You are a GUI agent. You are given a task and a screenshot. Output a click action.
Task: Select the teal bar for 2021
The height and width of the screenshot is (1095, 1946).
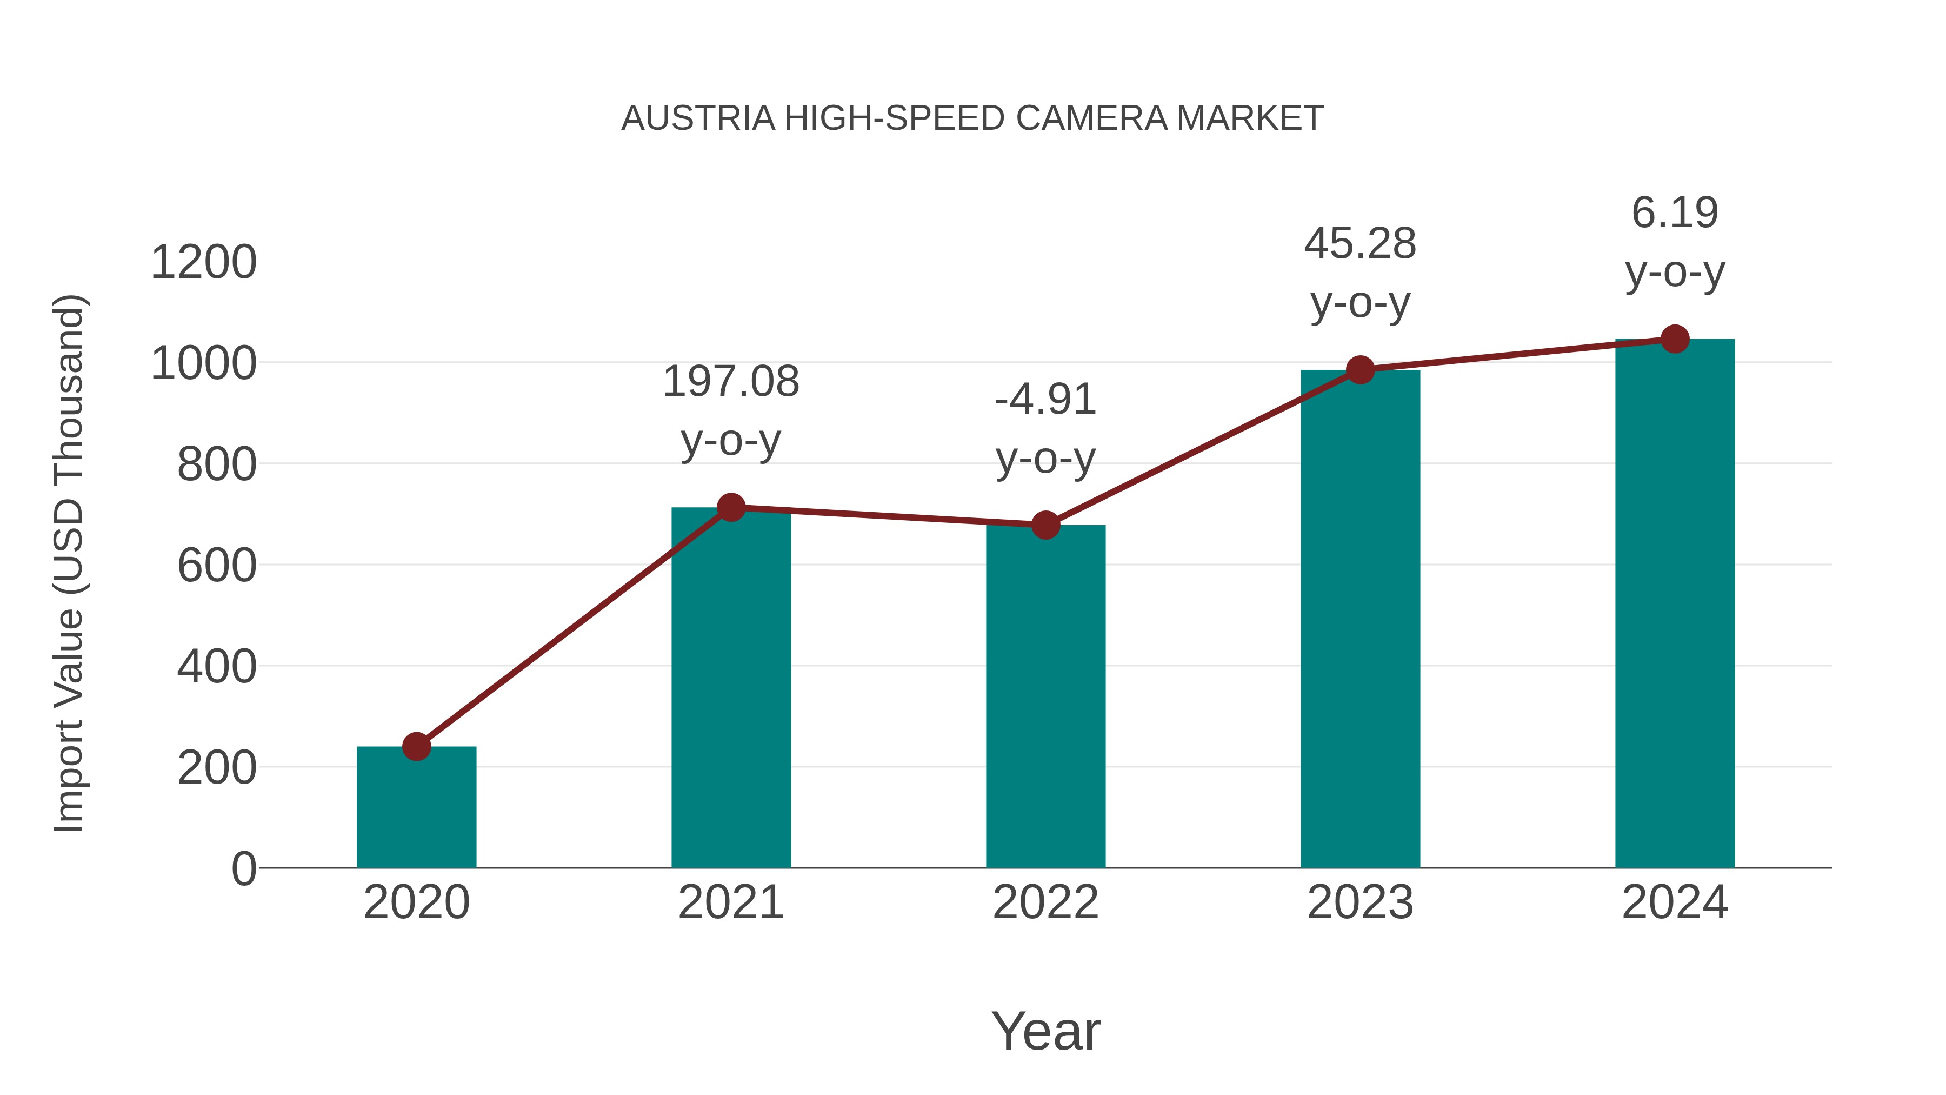(730, 688)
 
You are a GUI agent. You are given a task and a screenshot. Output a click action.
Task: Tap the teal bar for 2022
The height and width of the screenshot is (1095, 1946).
(1045, 696)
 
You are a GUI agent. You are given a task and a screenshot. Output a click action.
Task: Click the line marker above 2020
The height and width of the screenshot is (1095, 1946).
(416, 747)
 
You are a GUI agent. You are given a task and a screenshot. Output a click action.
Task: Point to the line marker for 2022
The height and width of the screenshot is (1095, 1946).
(1045, 525)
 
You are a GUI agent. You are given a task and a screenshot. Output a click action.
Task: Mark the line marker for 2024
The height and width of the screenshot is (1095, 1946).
(1675, 339)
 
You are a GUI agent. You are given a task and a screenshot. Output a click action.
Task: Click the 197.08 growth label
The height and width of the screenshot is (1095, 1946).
(730, 382)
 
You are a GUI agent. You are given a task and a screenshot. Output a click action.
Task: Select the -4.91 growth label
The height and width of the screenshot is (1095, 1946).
(1045, 400)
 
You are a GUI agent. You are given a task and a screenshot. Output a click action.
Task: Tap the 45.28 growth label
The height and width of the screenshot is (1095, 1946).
(1360, 244)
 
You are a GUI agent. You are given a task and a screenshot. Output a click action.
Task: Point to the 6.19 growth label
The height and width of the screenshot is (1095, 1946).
(1675, 213)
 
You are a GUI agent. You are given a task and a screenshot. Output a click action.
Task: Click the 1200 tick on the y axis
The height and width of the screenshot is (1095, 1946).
(203, 263)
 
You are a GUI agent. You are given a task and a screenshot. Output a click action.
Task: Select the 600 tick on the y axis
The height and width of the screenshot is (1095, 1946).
(217, 566)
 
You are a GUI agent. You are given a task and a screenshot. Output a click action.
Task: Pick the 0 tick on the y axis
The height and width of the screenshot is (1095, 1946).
(244, 869)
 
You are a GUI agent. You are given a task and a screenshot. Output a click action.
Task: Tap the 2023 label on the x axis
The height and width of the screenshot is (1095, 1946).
(1360, 902)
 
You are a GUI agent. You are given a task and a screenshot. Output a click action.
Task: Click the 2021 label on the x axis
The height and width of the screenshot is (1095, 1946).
(730, 902)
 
